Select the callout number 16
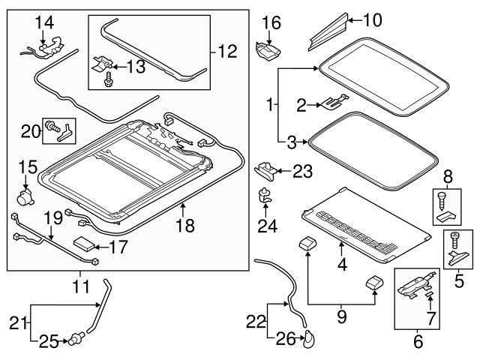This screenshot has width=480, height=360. [271, 23]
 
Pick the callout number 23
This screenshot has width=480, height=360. [302, 172]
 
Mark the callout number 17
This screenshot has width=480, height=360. [118, 245]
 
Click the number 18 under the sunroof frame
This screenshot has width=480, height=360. [184, 225]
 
